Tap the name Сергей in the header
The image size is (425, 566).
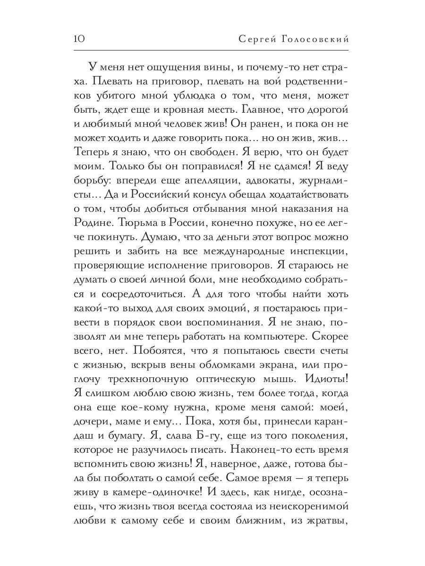pyautogui.click(x=256, y=39)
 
